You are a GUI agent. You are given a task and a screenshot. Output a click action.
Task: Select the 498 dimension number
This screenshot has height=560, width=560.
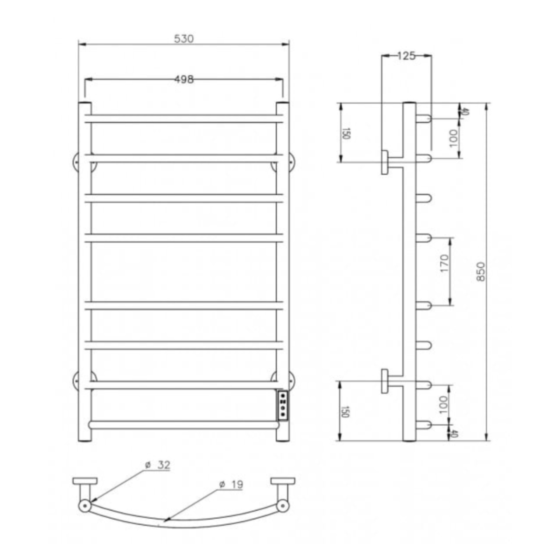click(x=184, y=79)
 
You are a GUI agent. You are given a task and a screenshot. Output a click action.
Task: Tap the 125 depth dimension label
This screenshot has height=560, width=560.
click(x=406, y=56)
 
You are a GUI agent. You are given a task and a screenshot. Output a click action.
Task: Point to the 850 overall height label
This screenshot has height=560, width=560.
click(x=480, y=271)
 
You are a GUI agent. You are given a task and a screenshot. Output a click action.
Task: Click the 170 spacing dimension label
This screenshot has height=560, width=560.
click(x=444, y=263)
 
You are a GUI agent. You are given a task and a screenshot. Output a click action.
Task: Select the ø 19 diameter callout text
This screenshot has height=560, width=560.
click(x=231, y=485)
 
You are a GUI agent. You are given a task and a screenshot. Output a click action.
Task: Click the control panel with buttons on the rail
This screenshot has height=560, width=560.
click(x=283, y=405)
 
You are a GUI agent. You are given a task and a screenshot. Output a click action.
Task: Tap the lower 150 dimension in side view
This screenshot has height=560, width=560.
click(x=345, y=412)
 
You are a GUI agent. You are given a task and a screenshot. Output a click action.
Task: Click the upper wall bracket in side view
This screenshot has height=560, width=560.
click(x=386, y=162)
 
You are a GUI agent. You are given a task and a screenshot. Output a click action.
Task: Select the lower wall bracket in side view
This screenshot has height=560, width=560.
click(x=386, y=381)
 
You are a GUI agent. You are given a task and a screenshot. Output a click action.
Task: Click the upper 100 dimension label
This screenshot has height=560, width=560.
click(x=454, y=138)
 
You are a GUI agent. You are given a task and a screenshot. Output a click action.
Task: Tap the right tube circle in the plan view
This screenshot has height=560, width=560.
click(x=283, y=505)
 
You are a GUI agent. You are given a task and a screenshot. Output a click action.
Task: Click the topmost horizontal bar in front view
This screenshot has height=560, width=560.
click(x=184, y=118)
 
